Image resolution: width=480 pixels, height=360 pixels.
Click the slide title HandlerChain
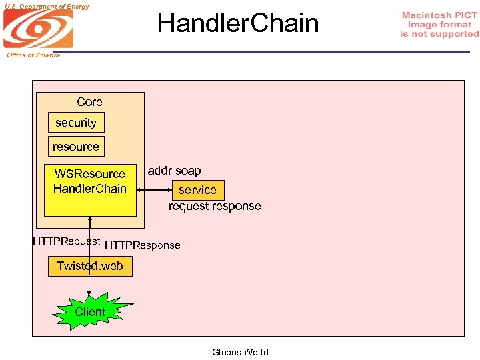pyautogui.click(x=238, y=23)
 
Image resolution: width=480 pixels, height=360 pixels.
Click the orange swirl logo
pyautogui.click(x=38, y=29)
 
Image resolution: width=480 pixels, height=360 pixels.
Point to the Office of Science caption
pyautogui.click(x=33, y=55)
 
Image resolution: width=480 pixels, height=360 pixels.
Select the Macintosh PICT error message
pyautogui.click(x=439, y=25)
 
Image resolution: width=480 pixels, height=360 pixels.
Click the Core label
pyautogui.click(x=89, y=102)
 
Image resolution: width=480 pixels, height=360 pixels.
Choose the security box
pyautogui.click(x=75, y=123)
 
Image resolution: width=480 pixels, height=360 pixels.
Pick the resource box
pyautogui.click(x=75, y=147)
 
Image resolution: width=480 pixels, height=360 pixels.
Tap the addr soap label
pyautogui.click(x=174, y=171)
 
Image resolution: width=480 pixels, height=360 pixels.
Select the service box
pyautogui.click(x=197, y=190)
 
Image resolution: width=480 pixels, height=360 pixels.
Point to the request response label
pyautogui.click(x=215, y=206)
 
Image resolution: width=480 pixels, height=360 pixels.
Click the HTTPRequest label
pyautogui.click(x=66, y=241)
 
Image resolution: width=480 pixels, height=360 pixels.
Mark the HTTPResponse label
pyautogui.click(x=143, y=245)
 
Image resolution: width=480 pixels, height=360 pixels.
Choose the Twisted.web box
pyautogui.click(x=89, y=266)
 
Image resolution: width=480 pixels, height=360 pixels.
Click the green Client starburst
pyautogui.click(x=89, y=312)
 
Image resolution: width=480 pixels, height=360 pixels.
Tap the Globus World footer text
pyautogui.click(x=240, y=352)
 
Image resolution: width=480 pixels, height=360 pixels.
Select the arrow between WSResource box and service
pyautogui.click(x=153, y=190)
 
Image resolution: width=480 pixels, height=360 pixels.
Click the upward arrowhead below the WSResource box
pyautogui.click(x=89, y=220)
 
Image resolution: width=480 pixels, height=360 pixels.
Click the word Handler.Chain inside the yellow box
pyautogui.click(x=89, y=189)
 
